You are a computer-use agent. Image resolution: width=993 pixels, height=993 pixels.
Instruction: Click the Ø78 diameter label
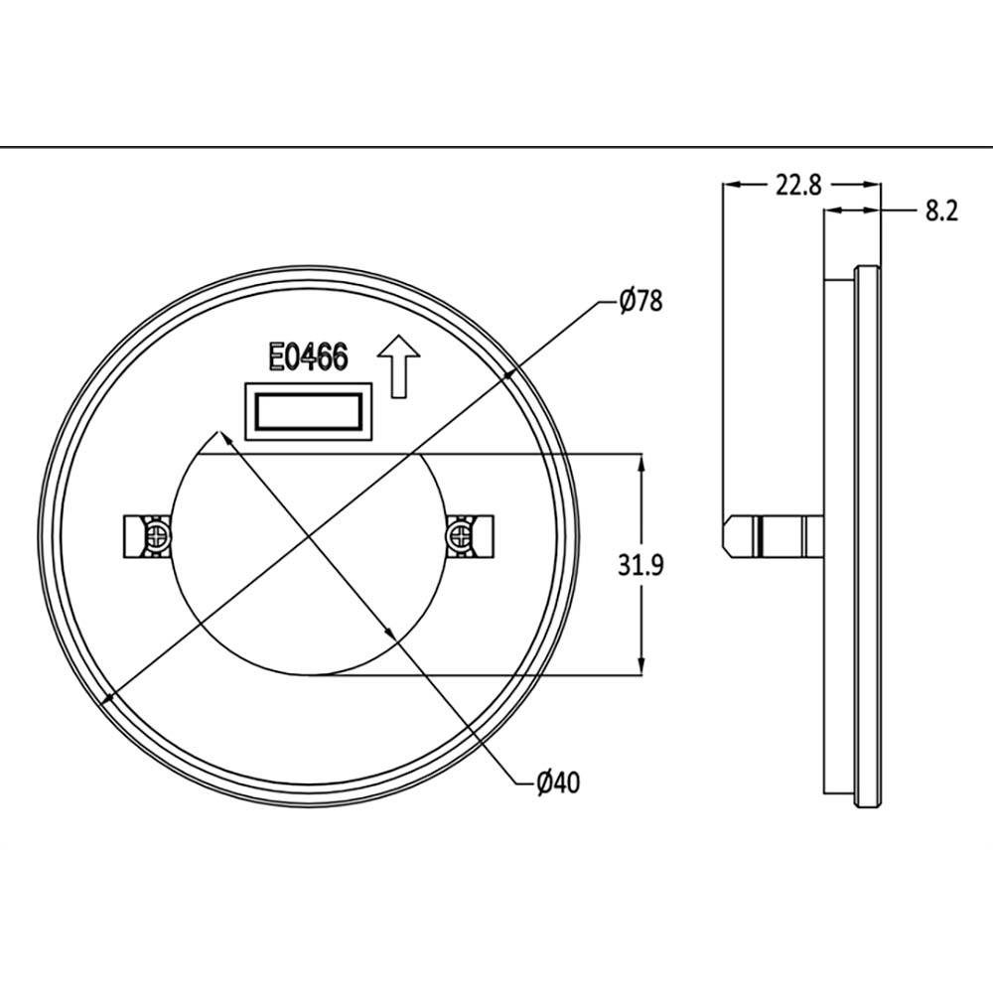pos(639,301)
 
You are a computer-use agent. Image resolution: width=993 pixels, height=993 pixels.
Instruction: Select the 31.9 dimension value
pos(640,565)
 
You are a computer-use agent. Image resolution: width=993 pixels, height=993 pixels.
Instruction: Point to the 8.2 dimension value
pos(940,211)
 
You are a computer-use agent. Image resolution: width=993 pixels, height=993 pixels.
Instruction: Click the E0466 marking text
pos(307,357)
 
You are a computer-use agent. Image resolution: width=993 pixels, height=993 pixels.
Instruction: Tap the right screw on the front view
pos(459,537)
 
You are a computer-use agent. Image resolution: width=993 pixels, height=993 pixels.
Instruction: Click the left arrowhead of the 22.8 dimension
pos(729,185)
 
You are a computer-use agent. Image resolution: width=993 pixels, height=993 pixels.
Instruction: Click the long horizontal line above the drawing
pos(496,147)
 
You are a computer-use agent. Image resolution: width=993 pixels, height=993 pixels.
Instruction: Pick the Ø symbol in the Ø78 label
pos(626,301)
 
